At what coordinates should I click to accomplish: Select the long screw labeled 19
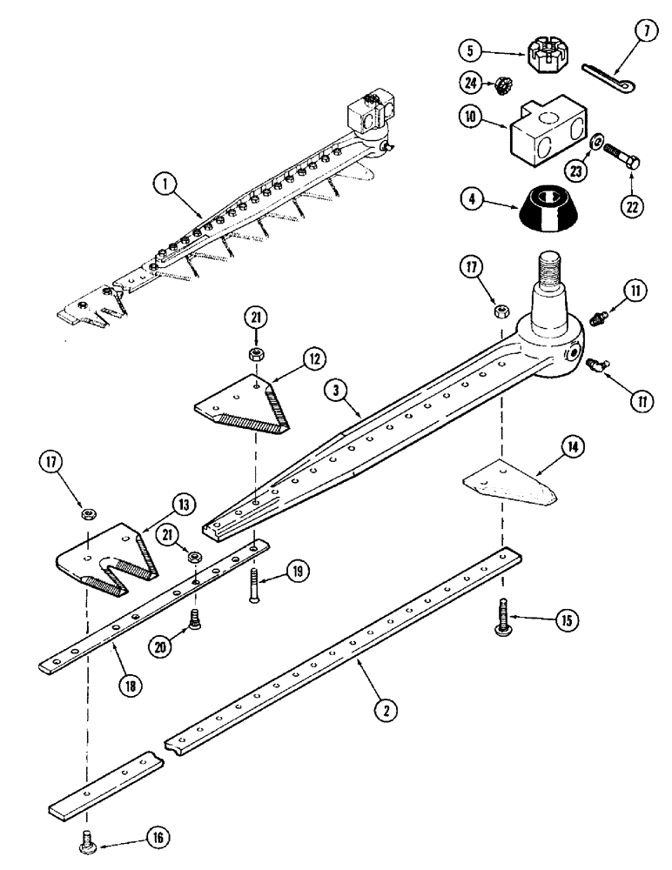click(x=254, y=587)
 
